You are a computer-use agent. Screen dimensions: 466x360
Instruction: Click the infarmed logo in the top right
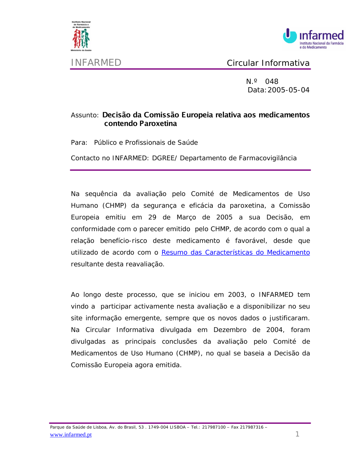pos(313,38)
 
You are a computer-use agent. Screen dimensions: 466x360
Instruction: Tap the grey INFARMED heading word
pos(96,63)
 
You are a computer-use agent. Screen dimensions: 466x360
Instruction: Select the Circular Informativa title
pos(268,63)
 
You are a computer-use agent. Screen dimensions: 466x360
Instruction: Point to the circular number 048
pos(271,82)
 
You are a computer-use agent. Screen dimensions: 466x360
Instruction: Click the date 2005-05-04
pos(288,90)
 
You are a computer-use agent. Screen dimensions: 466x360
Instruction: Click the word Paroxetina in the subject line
pos(158,124)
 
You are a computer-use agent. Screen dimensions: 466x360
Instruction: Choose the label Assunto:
pos(85,115)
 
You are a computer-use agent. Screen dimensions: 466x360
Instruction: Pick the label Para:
pos(79,143)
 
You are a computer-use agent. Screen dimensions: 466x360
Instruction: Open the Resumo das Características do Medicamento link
pos(235,252)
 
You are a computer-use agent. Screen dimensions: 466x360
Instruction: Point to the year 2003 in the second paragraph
pos(236,295)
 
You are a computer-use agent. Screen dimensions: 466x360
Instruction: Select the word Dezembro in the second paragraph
pos(230,330)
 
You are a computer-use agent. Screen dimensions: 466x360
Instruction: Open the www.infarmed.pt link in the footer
pos(71,435)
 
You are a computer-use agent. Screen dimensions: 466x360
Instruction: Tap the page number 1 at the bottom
pos(297,434)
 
